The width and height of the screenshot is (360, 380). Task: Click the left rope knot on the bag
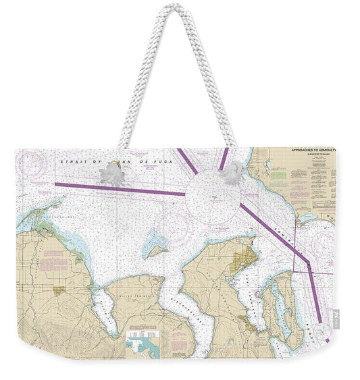111,175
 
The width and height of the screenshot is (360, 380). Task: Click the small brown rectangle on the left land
59,290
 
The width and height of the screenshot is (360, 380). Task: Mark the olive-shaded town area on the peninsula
242,260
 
